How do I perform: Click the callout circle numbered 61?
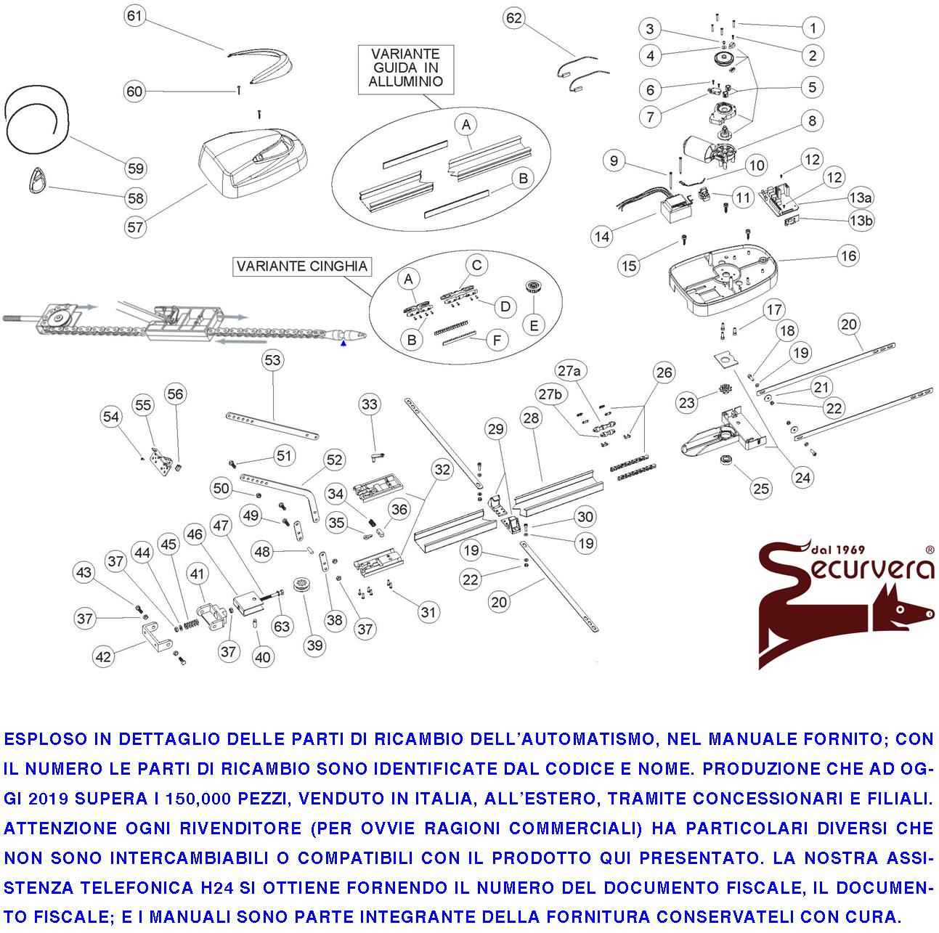pos(135,16)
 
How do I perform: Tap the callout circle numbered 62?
pos(514,18)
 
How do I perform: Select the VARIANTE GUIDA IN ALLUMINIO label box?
pos(405,68)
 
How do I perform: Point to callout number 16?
pos(848,256)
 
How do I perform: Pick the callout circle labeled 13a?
pos(861,197)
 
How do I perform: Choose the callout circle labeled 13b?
pos(861,220)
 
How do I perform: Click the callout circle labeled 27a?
pos(569,371)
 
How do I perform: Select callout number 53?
pos(272,360)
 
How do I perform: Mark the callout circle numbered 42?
pos(104,656)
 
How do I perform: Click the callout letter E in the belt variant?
pos(534,325)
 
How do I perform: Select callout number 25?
pos(761,489)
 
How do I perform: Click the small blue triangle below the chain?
pos(344,344)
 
